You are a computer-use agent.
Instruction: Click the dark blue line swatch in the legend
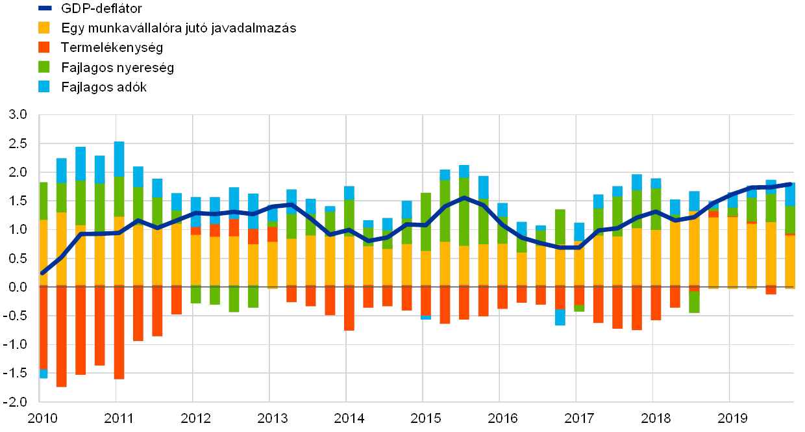[44, 8]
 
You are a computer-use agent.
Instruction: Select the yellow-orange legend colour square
[44, 27]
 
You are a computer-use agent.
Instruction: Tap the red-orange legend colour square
[44, 47]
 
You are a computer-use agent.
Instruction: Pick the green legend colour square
[44, 66]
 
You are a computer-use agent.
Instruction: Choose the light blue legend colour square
[44, 86]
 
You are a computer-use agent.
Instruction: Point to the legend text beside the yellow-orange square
[182, 28]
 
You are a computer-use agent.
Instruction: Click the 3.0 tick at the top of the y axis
[19, 115]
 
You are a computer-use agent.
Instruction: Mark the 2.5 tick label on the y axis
[19, 144]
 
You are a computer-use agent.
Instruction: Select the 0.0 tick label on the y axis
[19, 286]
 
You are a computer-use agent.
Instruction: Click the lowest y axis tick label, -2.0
[18, 401]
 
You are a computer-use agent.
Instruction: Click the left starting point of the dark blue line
[42, 273]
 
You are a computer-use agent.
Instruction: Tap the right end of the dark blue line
[790, 184]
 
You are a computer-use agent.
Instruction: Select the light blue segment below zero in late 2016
[560, 317]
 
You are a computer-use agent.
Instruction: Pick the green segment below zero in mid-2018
[695, 302]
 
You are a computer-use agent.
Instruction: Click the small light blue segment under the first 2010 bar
[43, 374]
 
